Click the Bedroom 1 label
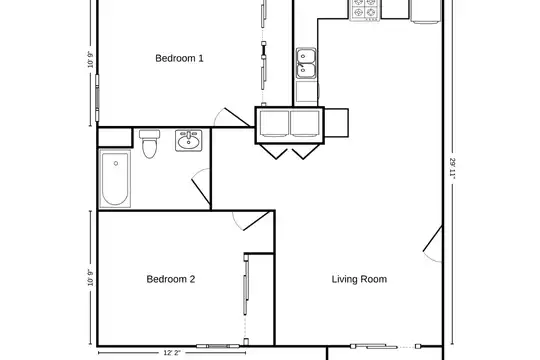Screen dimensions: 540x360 point(179,58)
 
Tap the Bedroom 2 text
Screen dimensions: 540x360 point(171,279)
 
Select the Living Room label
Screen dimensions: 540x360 point(359,279)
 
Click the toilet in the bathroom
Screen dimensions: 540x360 point(149,144)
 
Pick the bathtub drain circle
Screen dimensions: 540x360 point(116,163)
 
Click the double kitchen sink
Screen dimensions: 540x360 point(306,63)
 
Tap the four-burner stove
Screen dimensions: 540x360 point(365,10)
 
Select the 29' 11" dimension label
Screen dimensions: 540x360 point(453,169)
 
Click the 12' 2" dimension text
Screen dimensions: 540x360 point(172,353)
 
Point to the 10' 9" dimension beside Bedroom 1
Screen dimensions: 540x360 point(91,60)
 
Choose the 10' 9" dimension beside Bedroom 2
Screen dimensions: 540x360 point(91,278)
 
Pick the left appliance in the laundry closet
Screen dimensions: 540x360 point(274,124)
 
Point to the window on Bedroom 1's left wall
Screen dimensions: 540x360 point(97,98)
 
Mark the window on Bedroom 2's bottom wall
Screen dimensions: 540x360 point(218,346)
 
